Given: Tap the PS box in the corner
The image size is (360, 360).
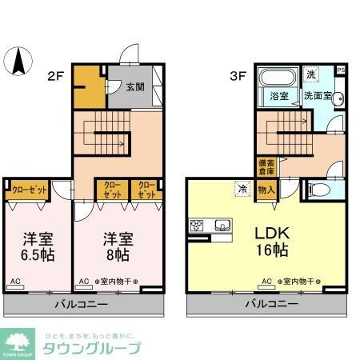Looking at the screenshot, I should coord(342,70).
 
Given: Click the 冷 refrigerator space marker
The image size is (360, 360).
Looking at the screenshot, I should coord(242,189).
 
